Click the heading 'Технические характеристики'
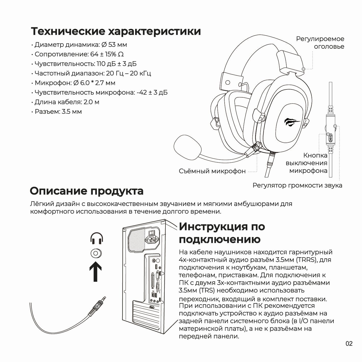(116, 31)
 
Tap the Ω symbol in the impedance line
(121, 54)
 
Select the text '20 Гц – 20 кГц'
(128, 73)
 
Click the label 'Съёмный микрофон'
(212, 171)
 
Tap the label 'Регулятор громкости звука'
(297, 185)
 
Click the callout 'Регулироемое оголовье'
(320, 43)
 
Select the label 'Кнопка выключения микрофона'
(307, 163)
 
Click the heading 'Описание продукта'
(87, 191)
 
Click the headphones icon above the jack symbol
(97, 238)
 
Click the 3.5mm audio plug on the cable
(98, 305)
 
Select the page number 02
(349, 343)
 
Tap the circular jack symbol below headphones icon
(96, 253)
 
